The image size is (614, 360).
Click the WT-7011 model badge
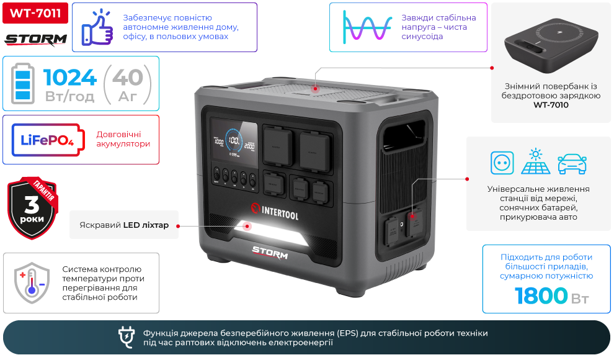[35, 13]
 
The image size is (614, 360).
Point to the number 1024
[70, 78]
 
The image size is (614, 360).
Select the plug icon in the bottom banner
[127, 337]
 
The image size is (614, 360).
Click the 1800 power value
[541, 296]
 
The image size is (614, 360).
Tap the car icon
[572, 163]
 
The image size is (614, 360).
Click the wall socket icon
[502, 163]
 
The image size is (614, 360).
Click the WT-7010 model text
[551, 105]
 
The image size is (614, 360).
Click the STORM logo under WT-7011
[35, 40]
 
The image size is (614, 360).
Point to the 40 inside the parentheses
[128, 78]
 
